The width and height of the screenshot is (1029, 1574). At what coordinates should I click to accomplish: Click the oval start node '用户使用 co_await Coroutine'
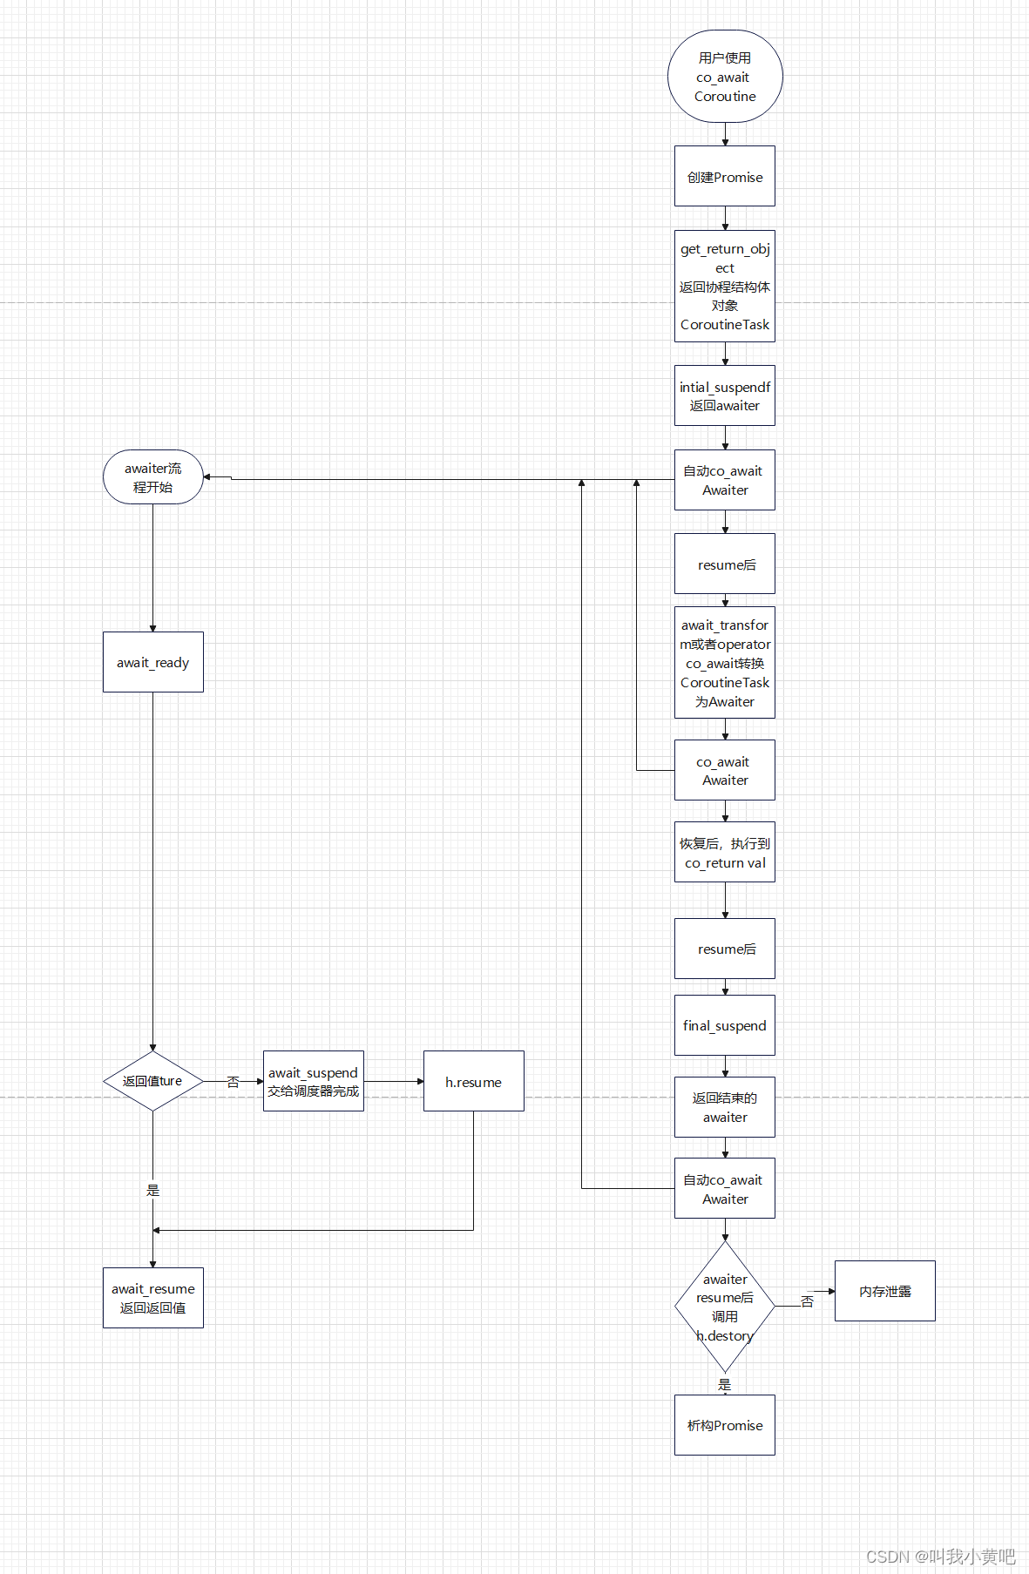[725, 77]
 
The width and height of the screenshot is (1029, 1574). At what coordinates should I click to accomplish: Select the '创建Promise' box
[725, 177]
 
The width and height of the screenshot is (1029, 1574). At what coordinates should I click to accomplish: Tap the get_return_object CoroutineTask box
[725, 286]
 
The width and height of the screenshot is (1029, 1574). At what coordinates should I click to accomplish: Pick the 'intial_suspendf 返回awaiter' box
[725, 395]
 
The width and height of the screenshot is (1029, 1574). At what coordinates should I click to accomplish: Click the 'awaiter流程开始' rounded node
[153, 477]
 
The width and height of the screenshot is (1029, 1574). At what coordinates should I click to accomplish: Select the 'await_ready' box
[153, 662]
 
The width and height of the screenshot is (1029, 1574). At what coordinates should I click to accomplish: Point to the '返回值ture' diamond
[153, 1081]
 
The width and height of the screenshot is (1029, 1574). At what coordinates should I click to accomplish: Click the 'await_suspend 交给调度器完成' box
[314, 1081]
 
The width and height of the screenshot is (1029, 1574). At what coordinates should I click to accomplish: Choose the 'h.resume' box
[474, 1081]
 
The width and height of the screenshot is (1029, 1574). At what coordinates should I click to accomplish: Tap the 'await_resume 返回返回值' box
[153, 1298]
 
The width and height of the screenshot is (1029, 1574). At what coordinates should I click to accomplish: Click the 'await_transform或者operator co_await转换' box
[725, 663]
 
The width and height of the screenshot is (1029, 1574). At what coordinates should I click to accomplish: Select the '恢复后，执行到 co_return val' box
[725, 853]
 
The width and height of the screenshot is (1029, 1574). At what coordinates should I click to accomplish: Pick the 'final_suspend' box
[725, 1025]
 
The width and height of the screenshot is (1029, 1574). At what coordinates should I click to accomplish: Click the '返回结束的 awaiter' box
[725, 1107]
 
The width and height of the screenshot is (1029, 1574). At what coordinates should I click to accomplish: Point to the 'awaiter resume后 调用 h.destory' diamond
[725, 1307]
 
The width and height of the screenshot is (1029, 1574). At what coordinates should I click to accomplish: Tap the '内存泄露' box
[885, 1291]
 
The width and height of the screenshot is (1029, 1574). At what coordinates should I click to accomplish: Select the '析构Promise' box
[725, 1425]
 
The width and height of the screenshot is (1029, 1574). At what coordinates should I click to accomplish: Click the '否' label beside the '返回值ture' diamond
[233, 1082]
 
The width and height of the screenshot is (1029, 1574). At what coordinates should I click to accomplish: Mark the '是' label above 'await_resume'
[153, 1190]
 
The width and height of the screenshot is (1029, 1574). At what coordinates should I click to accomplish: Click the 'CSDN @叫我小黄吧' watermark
[940, 1556]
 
